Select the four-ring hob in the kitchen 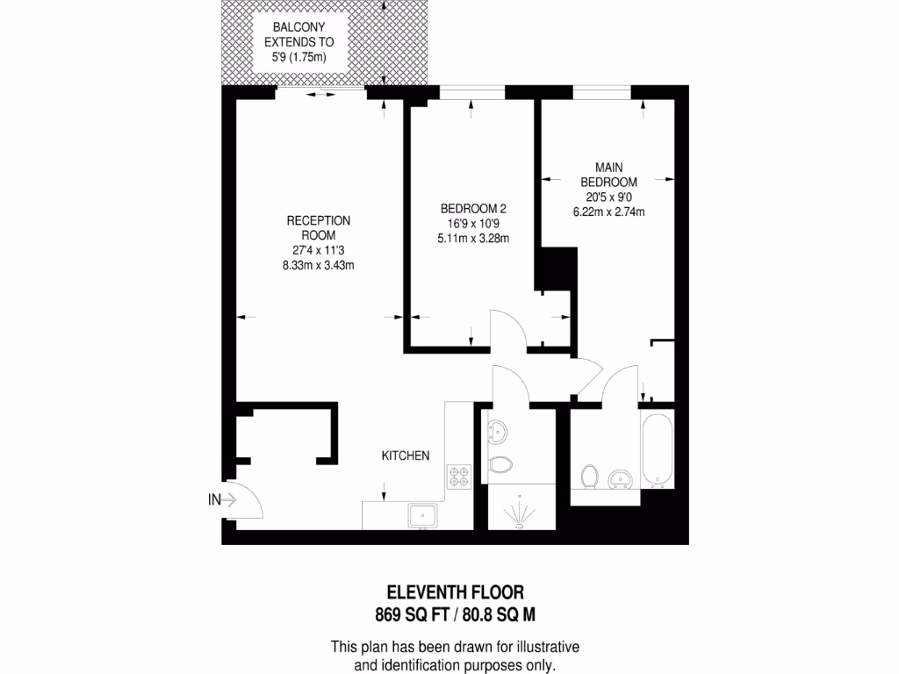coord(458,477)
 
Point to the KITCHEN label coord(405,455)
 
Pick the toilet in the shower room coord(500,466)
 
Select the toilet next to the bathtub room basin coord(590,477)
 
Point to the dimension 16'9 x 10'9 coord(473,224)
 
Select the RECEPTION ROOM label coord(319,228)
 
